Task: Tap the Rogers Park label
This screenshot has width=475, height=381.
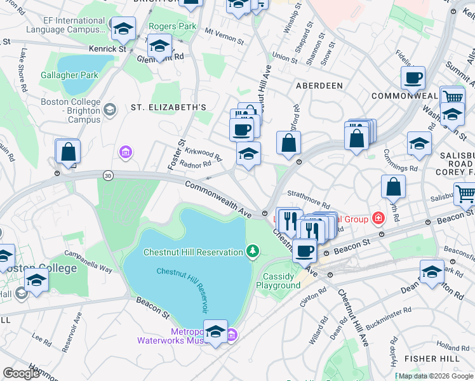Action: [172, 26]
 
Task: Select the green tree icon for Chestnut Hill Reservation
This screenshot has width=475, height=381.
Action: [253, 252]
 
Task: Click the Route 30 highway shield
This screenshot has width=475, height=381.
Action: [109, 176]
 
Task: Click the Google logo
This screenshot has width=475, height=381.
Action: [21, 373]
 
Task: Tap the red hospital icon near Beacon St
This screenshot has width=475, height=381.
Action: [378, 219]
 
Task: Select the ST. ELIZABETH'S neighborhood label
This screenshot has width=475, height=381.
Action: [168, 107]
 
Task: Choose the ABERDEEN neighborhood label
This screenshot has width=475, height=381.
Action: [319, 85]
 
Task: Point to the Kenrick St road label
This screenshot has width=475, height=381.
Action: [107, 48]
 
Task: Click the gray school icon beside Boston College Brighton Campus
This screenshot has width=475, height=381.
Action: [109, 110]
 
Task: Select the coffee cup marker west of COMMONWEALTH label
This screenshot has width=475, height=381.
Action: [413, 79]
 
